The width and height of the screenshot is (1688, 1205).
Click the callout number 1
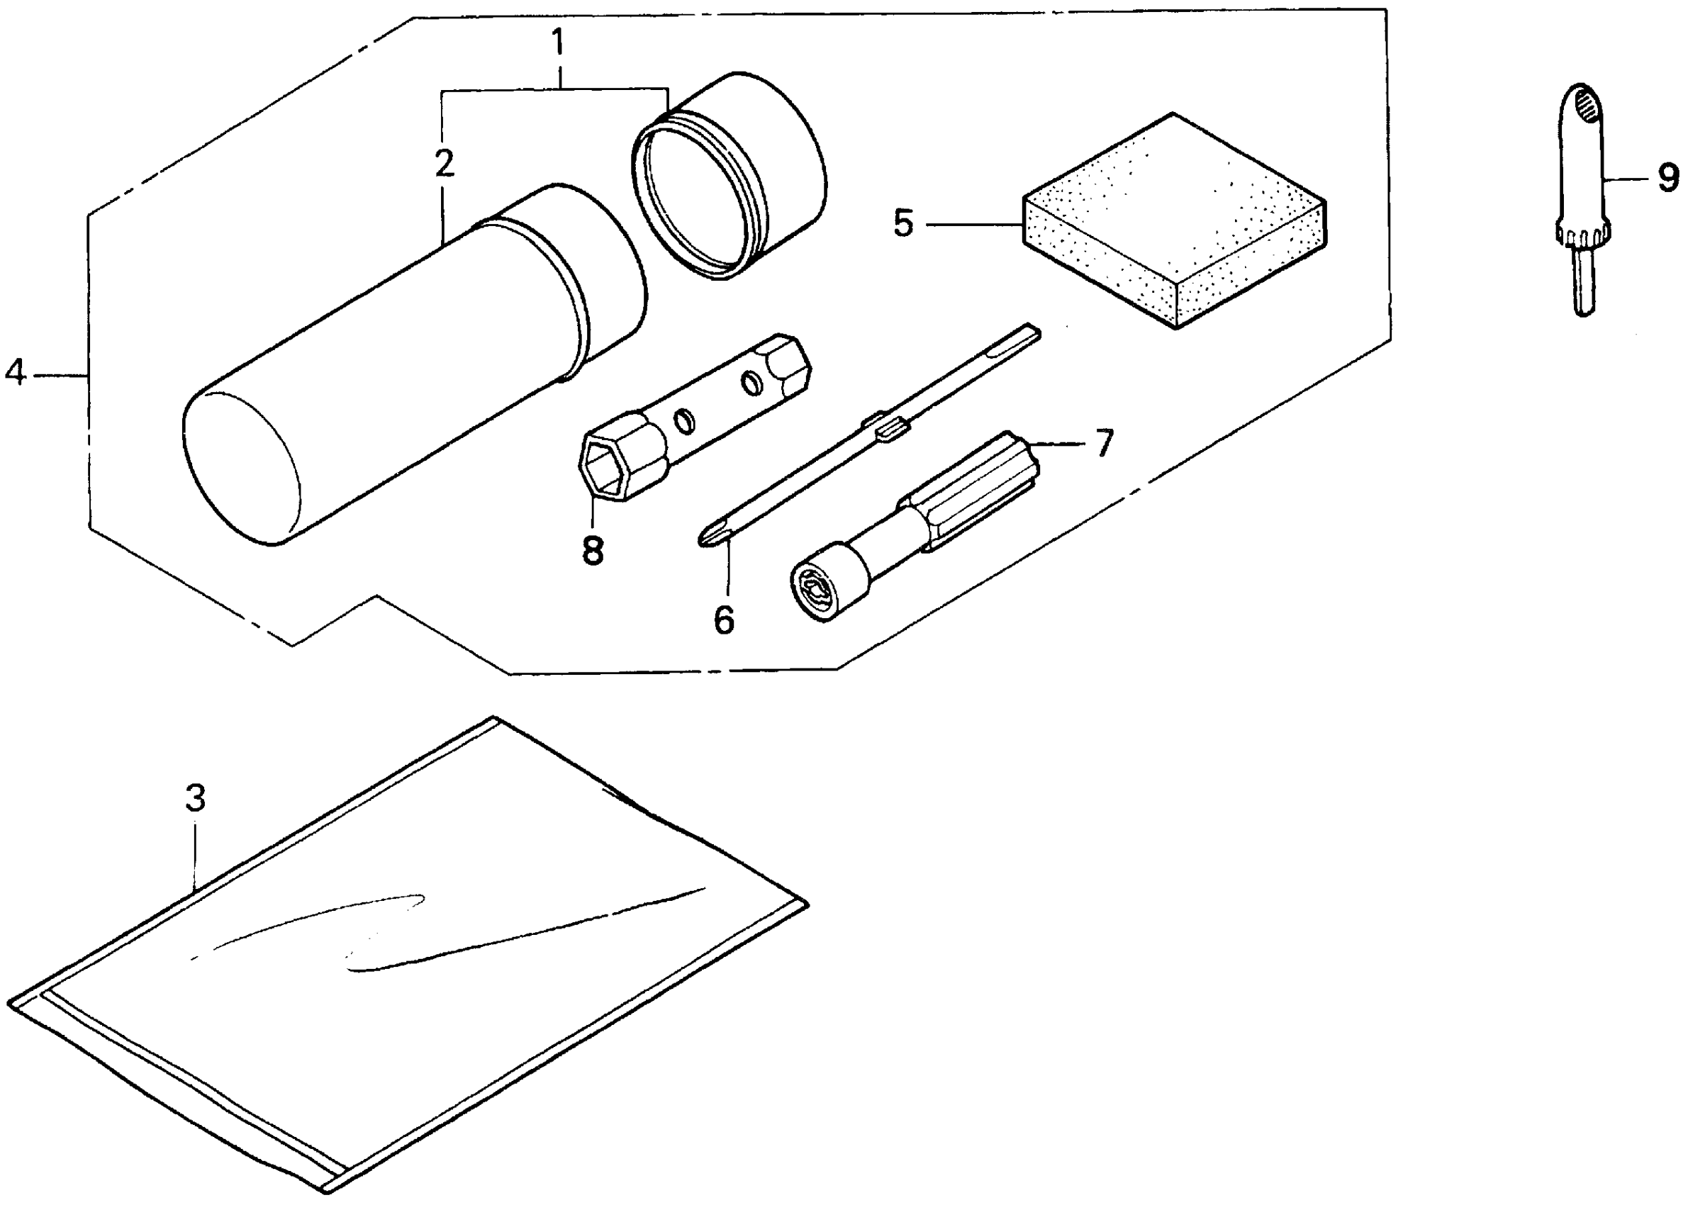[x=558, y=43]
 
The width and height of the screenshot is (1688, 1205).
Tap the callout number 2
[x=444, y=164]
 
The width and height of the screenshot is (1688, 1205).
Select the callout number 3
[x=194, y=798]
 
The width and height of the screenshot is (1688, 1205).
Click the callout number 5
[x=903, y=223]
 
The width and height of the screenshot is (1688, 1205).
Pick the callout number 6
[x=723, y=620]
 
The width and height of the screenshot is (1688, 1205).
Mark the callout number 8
[x=593, y=551]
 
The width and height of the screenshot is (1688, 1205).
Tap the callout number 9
[x=1668, y=179]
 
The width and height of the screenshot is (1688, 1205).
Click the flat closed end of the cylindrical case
[x=241, y=467]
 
